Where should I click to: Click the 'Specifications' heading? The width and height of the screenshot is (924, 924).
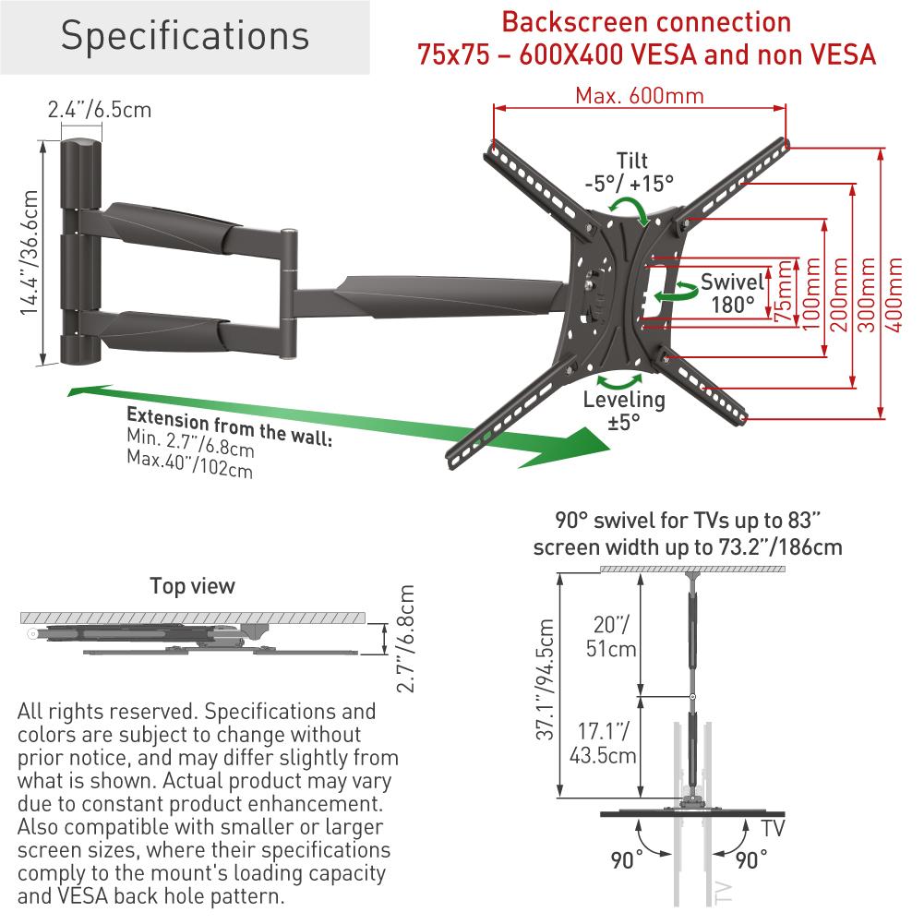pos(185,36)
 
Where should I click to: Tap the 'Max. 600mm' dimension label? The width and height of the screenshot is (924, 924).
pos(639,96)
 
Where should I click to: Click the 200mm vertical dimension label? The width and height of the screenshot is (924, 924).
pos(837,287)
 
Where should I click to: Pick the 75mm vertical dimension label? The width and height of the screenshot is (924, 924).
pos(784,290)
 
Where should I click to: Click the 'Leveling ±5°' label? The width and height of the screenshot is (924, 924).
pos(623,411)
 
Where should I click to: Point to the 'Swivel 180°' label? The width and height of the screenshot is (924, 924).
pos(732,293)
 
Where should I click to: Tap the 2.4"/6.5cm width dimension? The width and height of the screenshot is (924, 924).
pos(100,110)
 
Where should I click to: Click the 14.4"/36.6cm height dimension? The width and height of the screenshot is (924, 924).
pos(30,253)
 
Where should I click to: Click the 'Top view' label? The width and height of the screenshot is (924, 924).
pos(192,586)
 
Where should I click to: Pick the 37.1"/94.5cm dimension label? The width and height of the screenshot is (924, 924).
pos(546,678)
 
